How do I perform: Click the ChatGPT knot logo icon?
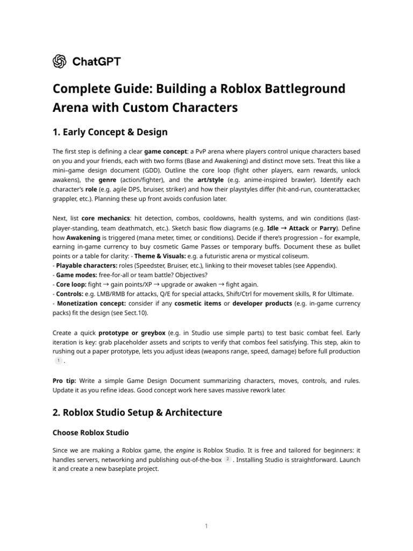(x=59, y=61)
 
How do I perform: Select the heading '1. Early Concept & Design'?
(x=110, y=132)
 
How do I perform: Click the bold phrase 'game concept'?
(x=163, y=152)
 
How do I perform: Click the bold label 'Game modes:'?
(x=77, y=275)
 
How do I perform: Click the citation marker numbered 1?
(x=59, y=361)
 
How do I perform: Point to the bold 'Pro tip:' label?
(x=64, y=380)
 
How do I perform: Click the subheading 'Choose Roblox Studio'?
(x=90, y=433)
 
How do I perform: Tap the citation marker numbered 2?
(x=228, y=460)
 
